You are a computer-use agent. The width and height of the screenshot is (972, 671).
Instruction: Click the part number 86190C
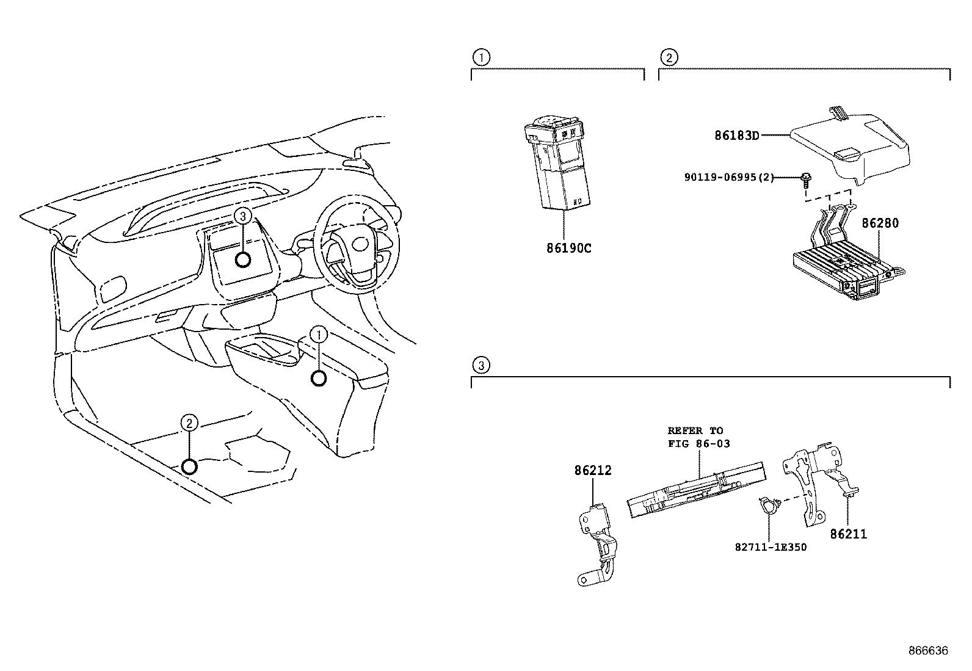pyautogui.click(x=568, y=248)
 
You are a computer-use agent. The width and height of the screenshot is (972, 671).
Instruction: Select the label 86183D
pyautogui.click(x=737, y=136)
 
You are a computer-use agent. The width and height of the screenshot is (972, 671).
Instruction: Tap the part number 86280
pyautogui.click(x=880, y=223)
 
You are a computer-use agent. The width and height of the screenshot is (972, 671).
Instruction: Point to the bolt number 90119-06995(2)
pyautogui.click(x=729, y=178)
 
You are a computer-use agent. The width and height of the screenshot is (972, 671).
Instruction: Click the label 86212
pyautogui.click(x=592, y=471)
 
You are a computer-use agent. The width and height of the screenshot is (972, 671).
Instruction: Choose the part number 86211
pyautogui.click(x=848, y=534)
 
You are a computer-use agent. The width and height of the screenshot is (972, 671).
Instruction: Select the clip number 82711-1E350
pyautogui.click(x=771, y=547)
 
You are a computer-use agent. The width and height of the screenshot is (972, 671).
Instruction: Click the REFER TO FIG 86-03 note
pyautogui.click(x=698, y=437)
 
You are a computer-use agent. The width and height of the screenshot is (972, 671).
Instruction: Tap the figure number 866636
pyautogui.click(x=927, y=651)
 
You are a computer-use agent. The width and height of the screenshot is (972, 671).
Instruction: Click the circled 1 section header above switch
pyautogui.click(x=481, y=58)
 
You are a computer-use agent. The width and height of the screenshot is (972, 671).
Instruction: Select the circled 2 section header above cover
pyautogui.click(x=669, y=58)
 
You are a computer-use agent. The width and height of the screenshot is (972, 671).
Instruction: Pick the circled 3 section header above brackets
pyautogui.click(x=481, y=366)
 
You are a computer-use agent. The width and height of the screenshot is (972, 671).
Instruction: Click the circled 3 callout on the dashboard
pyautogui.click(x=242, y=216)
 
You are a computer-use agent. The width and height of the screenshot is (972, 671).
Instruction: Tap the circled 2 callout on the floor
pyautogui.click(x=189, y=423)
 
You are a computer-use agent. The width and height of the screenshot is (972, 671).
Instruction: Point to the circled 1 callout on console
pyautogui.click(x=319, y=334)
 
